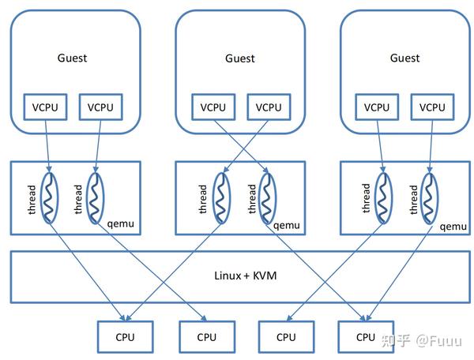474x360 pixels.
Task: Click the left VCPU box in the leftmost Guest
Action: [49, 107]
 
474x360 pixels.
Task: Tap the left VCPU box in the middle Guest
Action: [214, 107]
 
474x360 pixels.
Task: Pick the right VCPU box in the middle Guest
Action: [268, 107]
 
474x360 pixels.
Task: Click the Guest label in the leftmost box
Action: [73, 58]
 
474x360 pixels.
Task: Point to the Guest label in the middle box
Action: [239, 58]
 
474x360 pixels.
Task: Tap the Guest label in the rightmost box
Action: [404, 58]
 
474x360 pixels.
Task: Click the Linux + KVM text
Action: [239, 276]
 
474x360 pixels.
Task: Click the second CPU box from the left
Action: [206, 336]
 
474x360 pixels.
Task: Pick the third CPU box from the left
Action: [286, 336]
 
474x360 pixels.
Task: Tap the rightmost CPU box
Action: [366, 336]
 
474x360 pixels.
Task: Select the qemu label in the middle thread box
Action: [288, 225]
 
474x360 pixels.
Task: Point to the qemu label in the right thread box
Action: [453, 225]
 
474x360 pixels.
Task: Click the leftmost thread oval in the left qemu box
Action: [51, 197]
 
